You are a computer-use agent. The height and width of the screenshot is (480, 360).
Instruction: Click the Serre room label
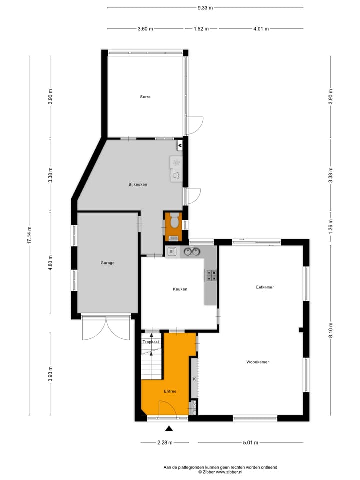pyautogui.click(x=145, y=97)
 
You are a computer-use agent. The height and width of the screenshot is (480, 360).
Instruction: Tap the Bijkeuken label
pyautogui.click(x=138, y=184)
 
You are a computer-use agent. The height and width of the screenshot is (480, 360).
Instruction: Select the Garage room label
pyautogui.click(x=107, y=263)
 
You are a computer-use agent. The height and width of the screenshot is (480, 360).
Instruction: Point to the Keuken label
pyautogui.click(x=180, y=289)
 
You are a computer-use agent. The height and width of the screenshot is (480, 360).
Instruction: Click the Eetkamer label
pyautogui.click(x=265, y=287)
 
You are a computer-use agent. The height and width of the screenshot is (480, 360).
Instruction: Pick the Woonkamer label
pyautogui.click(x=258, y=362)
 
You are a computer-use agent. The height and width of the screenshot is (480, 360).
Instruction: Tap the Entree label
pyautogui.click(x=170, y=391)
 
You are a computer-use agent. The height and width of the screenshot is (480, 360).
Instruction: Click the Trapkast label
pyautogui.click(x=151, y=342)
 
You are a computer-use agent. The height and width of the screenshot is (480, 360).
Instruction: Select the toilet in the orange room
pyautogui.click(x=174, y=220)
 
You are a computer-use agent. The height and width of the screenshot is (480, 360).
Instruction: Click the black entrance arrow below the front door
pyautogui.click(x=169, y=428)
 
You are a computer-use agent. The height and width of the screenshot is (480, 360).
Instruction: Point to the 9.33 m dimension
pyautogui.click(x=205, y=8)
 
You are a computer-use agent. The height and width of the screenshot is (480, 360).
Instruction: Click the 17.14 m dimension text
pyautogui.click(x=29, y=235)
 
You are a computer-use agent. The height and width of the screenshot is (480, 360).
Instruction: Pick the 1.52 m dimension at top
pyautogui.click(x=201, y=29)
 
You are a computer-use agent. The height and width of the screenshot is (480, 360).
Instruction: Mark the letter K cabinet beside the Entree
pyautogui.click(x=194, y=379)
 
